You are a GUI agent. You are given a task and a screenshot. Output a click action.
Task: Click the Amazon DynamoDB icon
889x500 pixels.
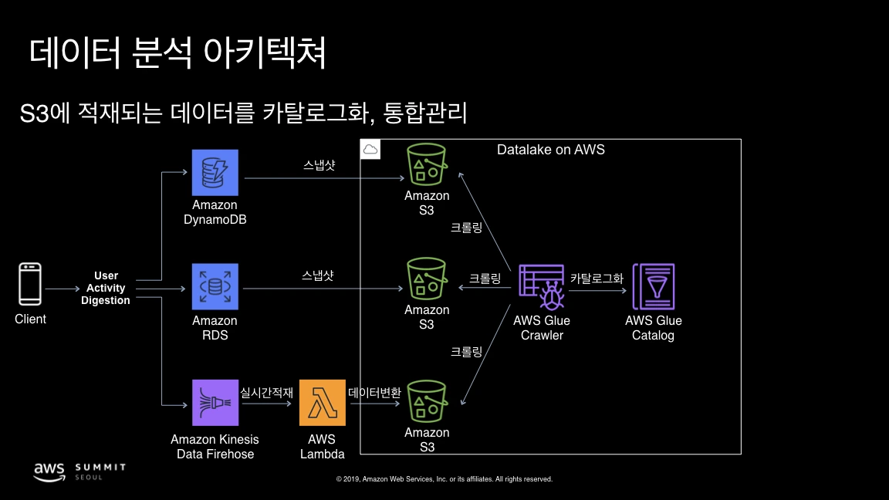[215, 173]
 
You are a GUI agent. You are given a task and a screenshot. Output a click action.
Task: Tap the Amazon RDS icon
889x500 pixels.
[215, 287]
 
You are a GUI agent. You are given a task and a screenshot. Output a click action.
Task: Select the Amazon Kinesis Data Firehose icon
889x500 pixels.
[215, 403]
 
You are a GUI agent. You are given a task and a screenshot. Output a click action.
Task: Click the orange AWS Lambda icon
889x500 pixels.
[323, 403]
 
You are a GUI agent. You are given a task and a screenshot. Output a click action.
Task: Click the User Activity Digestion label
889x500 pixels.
[106, 288]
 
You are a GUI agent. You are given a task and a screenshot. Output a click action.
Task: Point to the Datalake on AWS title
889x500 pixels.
[550, 150]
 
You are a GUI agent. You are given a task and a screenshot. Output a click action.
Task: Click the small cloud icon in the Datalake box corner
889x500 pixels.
[370, 149]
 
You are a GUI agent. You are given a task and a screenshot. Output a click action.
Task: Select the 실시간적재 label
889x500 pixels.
[267, 392]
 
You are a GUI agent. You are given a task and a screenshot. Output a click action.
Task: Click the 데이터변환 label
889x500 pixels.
[375, 392]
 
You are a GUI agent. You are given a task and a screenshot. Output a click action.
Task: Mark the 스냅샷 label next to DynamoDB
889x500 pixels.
[319, 165]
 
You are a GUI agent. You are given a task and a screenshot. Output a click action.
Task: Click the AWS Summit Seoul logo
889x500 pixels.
[79, 471]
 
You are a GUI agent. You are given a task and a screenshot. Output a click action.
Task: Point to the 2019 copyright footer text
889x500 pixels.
[444, 479]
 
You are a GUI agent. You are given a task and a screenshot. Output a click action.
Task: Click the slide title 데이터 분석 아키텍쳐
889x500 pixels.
[178, 52]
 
